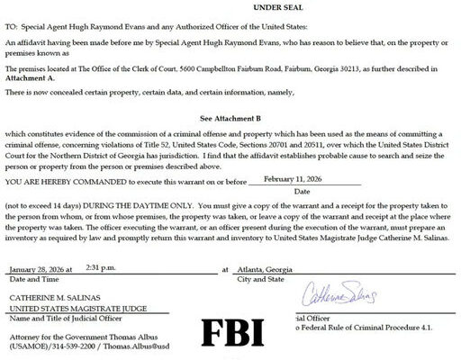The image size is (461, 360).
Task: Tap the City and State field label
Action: [x=260, y=279]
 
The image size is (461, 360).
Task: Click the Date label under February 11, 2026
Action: [x=303, y=191]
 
